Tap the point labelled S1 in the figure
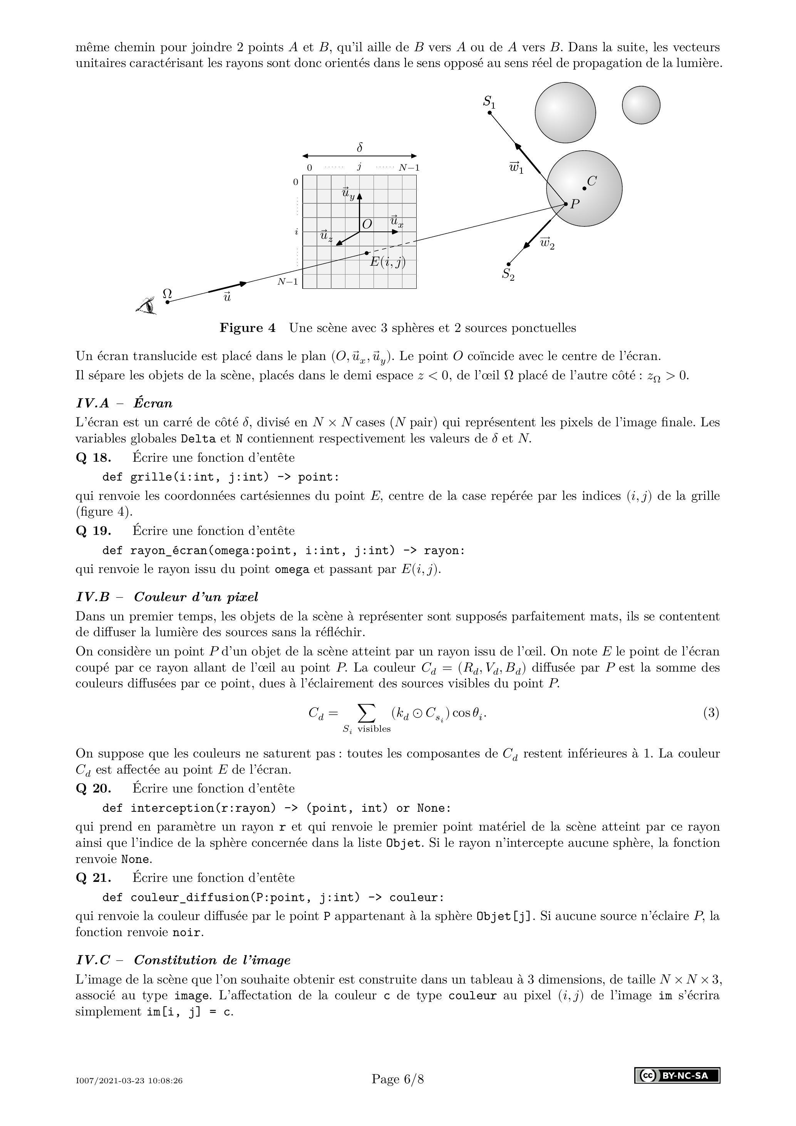(x=489, y=113)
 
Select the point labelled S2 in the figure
(x=508, y=264)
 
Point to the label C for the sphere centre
(x=592, y=181)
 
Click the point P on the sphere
(x=565, y=204)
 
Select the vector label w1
(x=516, y=168)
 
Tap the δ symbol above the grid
(x=360, y=147)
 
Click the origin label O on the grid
(x=366, y=224)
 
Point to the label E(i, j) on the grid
(x=387, y=262)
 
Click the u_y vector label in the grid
(x=348, y=193)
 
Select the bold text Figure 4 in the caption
(x=247, y=328)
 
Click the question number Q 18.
(x=93, y=458)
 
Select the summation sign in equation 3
(x=367, y=714)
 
